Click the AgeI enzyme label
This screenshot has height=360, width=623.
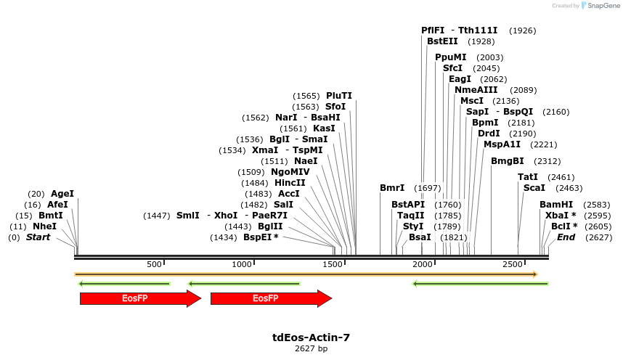click(x=62, y=194)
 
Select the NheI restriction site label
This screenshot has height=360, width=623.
click(x=44, y=226)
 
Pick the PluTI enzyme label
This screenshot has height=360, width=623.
click(x=339, y=96)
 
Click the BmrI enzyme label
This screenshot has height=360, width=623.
click(x=392, y=188)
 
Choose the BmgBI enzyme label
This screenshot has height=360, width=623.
click(x=508, y=161)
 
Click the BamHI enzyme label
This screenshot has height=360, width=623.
click(x=556, y=205)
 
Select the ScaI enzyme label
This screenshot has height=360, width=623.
click(x=534, y=188)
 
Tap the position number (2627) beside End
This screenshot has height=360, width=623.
click(x=598, y=237)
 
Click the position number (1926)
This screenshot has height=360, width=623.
click(x=523, y=30)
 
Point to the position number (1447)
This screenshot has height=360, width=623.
click(x=157, y=216)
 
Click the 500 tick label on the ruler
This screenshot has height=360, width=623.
click(x=154, y=264)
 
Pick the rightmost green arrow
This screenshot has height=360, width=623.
click(x=480, y=284)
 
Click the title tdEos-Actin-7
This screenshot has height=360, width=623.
click(x=311, y=337)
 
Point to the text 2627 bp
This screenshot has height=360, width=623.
click(x=311, y=349)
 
